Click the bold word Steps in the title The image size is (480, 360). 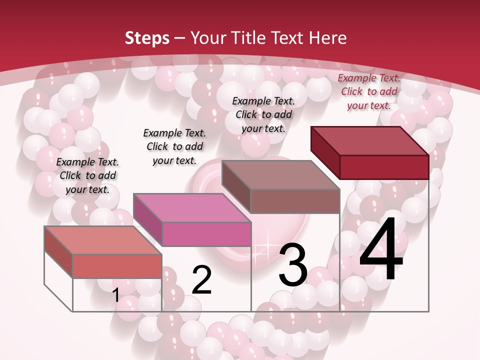[x=147, y=38]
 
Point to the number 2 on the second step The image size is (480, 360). [x=202, y=280]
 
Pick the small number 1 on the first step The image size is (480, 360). [x=116, y=295]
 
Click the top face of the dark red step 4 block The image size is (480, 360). [x=369, y=141]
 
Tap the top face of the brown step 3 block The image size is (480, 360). [x=280, y=175]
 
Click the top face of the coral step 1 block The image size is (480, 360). [x=102, y=240]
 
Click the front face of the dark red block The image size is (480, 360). [x=384, y=167]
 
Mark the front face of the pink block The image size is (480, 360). [x=206, y=234]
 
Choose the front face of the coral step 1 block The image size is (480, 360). [x=117, y=266]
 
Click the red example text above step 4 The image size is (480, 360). [x=369, y=91]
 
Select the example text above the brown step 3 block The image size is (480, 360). [x=263, y=114]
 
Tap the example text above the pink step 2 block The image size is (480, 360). [x=174, y=146]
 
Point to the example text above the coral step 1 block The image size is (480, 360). [x=87, y=175]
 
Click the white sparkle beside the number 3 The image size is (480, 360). [x=264, y=247]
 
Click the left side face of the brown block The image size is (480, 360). [x=235, y=187]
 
